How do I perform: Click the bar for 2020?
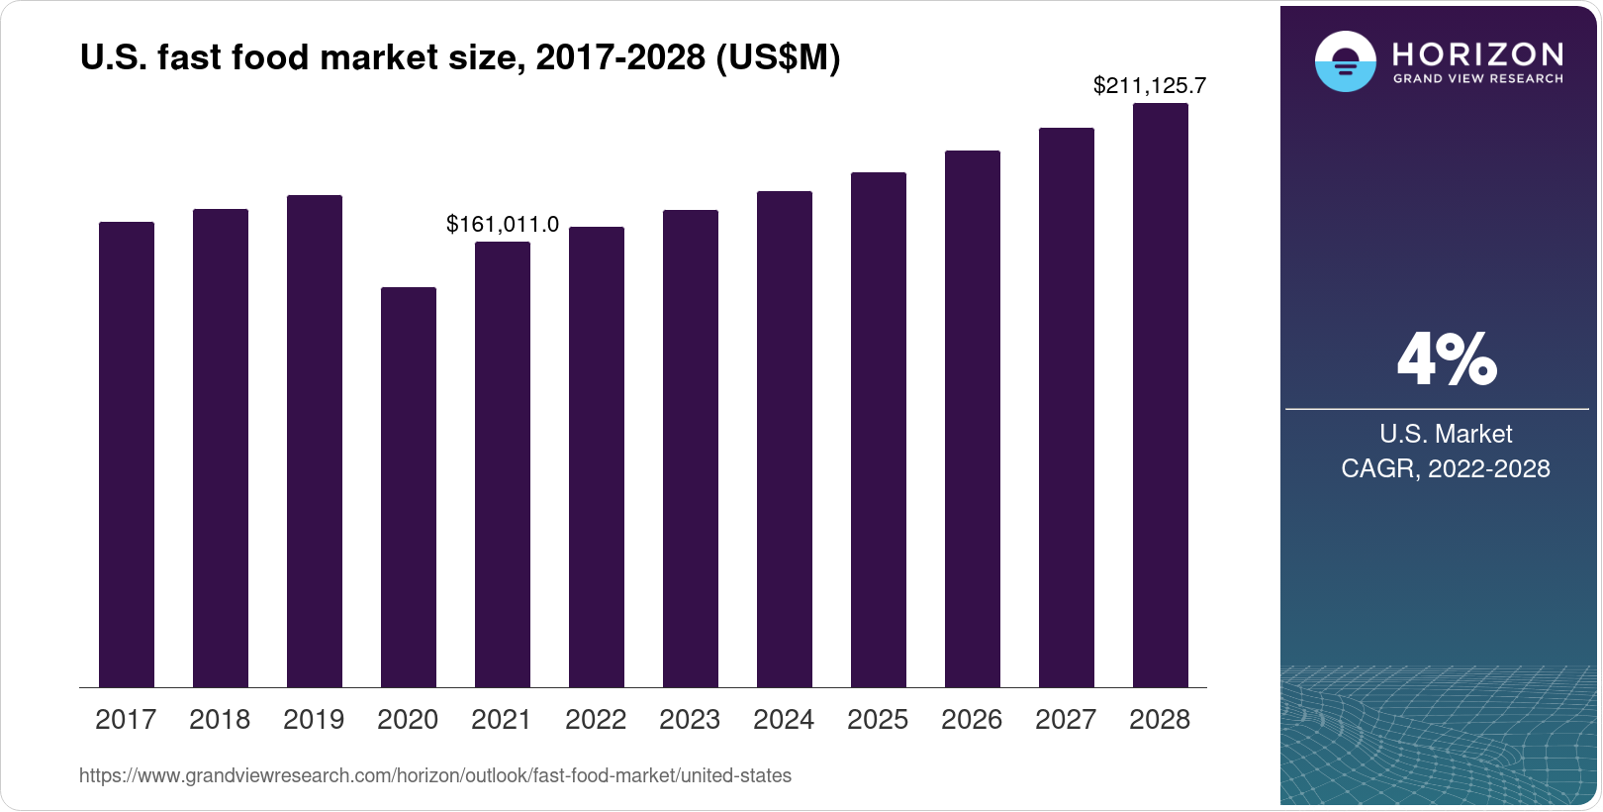pos(408,487)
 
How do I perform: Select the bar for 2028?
pos(1160,395)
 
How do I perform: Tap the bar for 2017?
pos(127,455)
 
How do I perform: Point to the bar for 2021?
pos(502,464)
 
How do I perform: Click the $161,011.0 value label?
pos(503,225)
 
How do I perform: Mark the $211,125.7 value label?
pos(1149,86)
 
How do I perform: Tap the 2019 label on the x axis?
pos(314,720)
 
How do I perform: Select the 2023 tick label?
pos(690,720)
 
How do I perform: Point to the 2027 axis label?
pos(1066,720)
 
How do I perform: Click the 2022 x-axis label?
pos(596,720)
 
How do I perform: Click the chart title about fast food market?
pos(460,58)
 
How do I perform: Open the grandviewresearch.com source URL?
pos(435,776)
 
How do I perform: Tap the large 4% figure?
pos(1446,359)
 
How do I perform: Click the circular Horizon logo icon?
pos(1345,61)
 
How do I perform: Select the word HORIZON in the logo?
pos(1477,53)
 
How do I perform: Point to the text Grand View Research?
pos(1477,79)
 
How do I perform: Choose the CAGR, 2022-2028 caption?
pos(1446,468)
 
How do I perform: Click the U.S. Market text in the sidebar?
pos(1446,434)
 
